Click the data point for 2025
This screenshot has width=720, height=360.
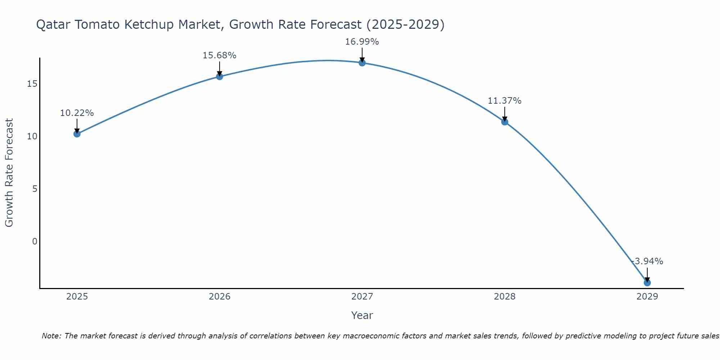[x=77, y=134]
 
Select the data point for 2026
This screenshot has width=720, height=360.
[x=219, y=76]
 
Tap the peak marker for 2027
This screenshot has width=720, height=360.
[x=362, y=63]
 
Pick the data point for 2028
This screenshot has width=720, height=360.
[x=504, y=122]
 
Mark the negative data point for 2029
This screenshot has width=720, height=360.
[x=647, y=283]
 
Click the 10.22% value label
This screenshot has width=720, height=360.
[x=77, y=113]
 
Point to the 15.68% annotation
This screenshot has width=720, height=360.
[x=219, y=55]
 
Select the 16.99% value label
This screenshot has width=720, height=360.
[x=362, y=42]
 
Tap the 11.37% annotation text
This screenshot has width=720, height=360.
[x=504, y=101]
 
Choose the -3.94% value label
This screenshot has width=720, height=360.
[x=647, y=261]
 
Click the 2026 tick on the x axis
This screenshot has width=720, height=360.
[x=219, y=297]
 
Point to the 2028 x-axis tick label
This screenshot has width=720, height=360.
[x=504, y=297]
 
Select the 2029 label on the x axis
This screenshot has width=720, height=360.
[x=647, y=297]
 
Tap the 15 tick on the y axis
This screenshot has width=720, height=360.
[x=32, y=84]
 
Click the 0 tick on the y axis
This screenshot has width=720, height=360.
[x=35, y=241]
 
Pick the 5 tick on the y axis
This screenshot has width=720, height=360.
[x=35, y=189]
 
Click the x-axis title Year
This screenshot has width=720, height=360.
[x=362, y=315]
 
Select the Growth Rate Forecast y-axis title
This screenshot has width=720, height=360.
[x=9, y=172]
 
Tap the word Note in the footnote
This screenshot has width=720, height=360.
[x=51, y=336]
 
